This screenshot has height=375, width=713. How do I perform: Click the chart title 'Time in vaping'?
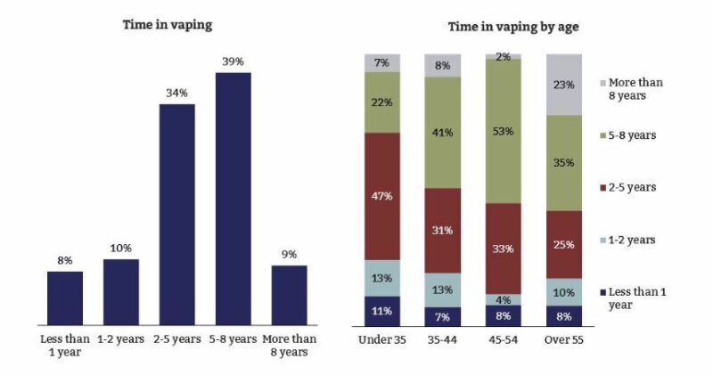167,25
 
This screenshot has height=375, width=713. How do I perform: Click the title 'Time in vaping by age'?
513,27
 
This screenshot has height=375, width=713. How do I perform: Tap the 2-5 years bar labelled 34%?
176,214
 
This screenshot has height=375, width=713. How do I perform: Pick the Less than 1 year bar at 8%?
65,298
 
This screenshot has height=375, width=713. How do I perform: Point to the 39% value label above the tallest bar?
233,61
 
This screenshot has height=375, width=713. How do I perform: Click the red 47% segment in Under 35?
381,196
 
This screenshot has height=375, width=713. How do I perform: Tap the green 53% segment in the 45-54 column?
503,132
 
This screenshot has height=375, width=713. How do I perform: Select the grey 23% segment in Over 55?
563,85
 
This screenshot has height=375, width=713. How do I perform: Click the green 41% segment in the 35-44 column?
443,132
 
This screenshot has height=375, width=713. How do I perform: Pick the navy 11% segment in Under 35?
381,312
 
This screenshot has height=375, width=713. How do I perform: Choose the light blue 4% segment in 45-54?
503,299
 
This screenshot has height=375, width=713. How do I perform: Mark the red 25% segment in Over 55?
563,244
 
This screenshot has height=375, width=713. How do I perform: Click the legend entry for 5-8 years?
634,135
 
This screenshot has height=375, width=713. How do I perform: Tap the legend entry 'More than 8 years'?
634,88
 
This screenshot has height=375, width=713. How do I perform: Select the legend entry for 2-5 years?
634,188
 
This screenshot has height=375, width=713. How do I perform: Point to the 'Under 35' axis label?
381,339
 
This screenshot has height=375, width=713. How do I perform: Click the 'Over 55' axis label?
563,339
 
